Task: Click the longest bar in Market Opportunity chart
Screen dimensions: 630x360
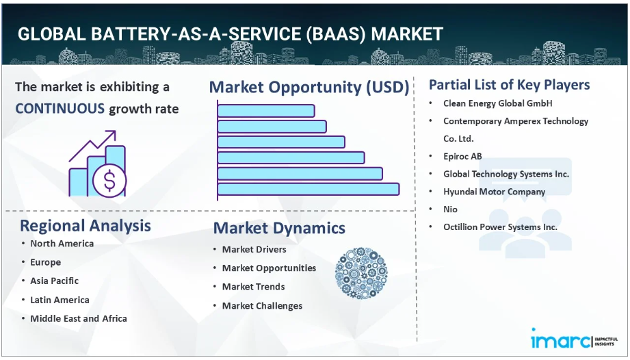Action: click(x=309, y=190)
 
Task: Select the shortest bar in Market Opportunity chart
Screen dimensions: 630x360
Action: click(x=266, y=111)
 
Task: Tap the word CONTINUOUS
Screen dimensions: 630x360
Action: click(x=60, y=109)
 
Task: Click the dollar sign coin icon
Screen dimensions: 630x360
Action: click(x=109, y=180)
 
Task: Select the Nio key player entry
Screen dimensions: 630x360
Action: click(x=450, y=209)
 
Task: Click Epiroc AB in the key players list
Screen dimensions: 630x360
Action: click(x=462, y=156)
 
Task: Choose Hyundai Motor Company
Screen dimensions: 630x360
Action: click(x=494, y=192)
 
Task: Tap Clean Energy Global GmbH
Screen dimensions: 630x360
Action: click(x=498, y=103)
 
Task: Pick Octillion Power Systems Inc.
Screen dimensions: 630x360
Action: click(x=500, y=227)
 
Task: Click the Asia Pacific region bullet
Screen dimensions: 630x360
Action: click(x=55, y=281)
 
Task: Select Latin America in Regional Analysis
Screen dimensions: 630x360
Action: click(x=60, y=300)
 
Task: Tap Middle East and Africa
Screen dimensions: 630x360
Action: click(x=79, y=319)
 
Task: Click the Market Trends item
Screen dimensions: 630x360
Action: click(x=254, y=287)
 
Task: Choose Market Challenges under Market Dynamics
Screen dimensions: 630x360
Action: click(x=263, y=306)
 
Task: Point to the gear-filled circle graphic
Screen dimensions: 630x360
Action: click(x=361, y=273)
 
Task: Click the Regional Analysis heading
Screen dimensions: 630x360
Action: click(x=86, y=226)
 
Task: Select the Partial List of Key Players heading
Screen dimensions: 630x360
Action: click(x=510, y=85)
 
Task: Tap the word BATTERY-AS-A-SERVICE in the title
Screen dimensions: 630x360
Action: click(x=196, y=34)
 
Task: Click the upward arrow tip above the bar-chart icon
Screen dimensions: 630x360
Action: click(x=114, y=132)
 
